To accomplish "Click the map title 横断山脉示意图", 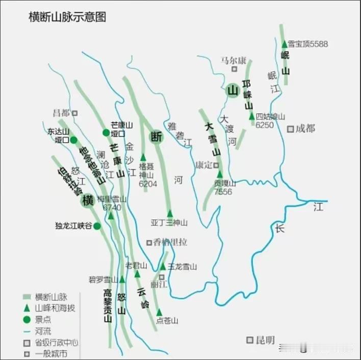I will point(67,17).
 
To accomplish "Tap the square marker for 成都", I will point(290,129).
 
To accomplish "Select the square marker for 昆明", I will point(250,340).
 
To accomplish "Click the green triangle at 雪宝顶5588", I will point(285,44).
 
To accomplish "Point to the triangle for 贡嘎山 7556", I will point(220,174).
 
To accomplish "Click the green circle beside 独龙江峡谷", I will point(97,226).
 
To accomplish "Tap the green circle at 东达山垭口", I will point(73,140).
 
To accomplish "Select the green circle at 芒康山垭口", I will point(106,133).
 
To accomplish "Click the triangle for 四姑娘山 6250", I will point(251,117).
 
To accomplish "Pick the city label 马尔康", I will point(234,60).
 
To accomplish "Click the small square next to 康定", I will point(216,165).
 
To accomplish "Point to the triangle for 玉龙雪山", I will point(163,266).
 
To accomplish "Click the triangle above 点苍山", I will point(159,312).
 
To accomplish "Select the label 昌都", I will point(62,113).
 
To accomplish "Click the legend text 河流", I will point(43,331).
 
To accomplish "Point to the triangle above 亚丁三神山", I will point(170,213).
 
